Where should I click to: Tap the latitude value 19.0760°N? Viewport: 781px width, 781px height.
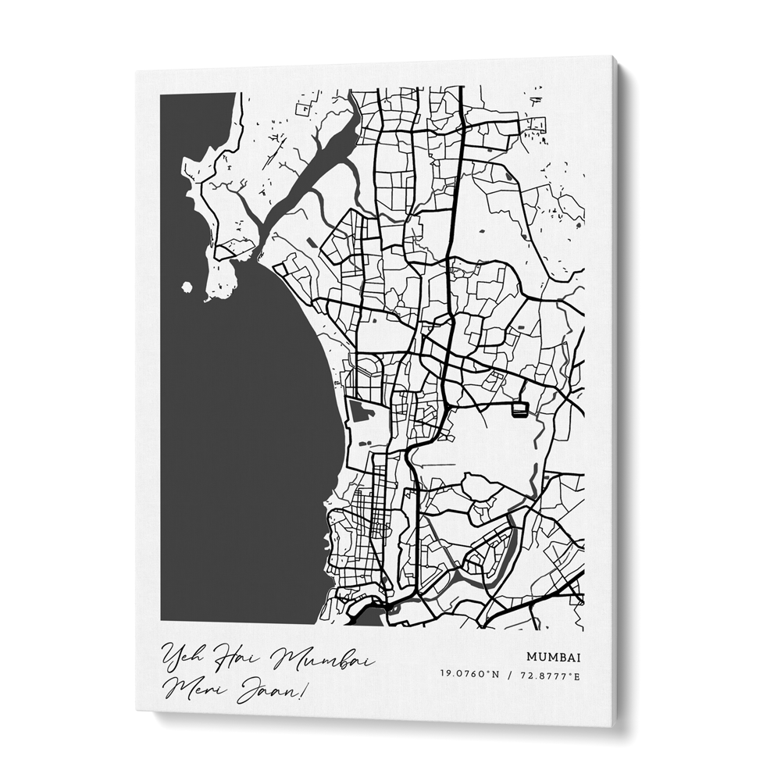coord(469,675)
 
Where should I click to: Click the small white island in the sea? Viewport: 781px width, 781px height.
coord(187,287)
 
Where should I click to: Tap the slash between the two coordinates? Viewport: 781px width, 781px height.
coord(508,675)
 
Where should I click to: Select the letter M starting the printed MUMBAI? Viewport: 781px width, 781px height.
coord(531,657)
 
